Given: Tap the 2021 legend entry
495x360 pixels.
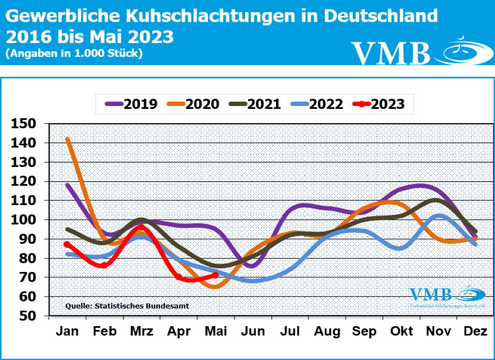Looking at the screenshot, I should point(257,104).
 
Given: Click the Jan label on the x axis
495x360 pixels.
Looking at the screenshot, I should point(68,331).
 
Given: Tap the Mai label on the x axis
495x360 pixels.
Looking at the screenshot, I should point(216,331).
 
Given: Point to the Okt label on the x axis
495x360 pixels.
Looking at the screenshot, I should point(402,331).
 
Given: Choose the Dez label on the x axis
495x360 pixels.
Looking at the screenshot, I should point(476,331).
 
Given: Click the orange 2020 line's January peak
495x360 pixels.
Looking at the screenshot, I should point(68,139).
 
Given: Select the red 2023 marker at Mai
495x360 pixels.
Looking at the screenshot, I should point(216,275).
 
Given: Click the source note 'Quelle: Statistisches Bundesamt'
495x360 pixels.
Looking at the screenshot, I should point(127,306).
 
